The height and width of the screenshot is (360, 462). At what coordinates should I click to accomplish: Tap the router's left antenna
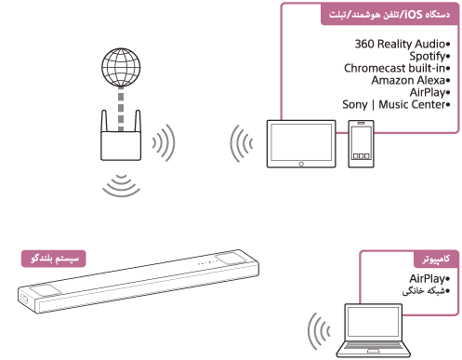(104, 124)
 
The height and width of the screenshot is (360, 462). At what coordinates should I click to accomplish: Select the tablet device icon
(299, 143)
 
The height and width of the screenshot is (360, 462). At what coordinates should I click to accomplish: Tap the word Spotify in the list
(426, 57)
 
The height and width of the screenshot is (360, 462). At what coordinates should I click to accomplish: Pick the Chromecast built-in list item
(397, 69)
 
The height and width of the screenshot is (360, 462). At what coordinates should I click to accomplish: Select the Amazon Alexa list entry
(410, 81)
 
